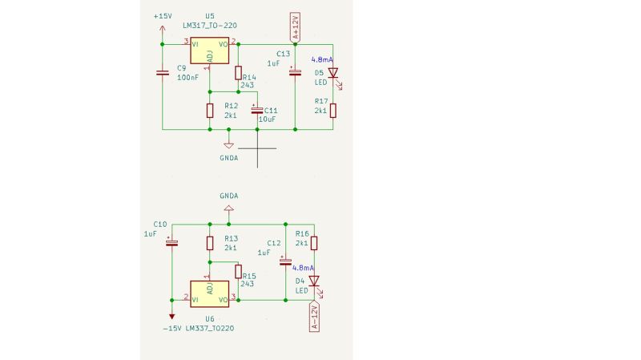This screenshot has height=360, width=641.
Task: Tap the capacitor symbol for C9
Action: coord(163,73)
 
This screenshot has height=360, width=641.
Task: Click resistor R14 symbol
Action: coord(238,72)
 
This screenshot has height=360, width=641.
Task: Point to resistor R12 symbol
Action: coord(210,111)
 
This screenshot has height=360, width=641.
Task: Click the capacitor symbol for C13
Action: coord(295,73)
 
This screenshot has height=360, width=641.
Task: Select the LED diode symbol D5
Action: coord(333,73)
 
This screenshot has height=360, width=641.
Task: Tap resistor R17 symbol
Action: coord(333,110)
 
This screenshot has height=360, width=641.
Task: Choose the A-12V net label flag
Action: coord(314,317)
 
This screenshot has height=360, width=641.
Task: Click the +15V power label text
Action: coord(162,17)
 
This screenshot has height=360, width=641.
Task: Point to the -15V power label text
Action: coord(171,328)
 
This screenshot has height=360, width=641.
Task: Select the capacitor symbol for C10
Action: coord(171,242)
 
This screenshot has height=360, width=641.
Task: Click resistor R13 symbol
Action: coord(210,243)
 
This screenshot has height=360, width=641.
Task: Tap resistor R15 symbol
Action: coord(238,271)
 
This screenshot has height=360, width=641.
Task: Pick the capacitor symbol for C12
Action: coord(285,261)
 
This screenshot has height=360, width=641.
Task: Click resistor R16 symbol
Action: coord(314,243)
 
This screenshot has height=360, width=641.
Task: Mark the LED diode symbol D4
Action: coord(314,281)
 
